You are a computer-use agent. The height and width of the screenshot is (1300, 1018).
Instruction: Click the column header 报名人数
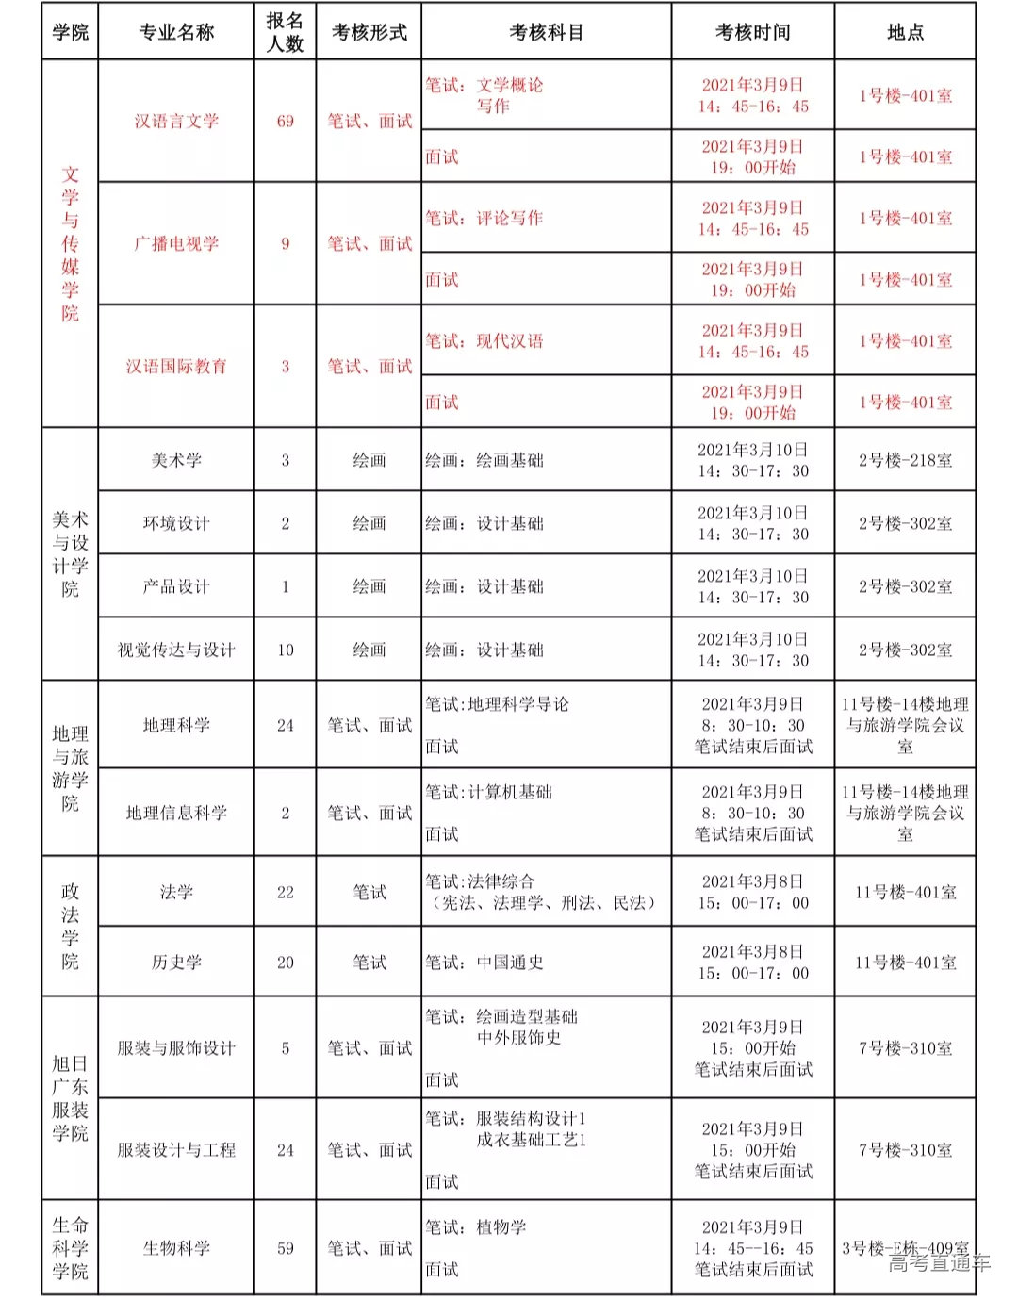[285, 32]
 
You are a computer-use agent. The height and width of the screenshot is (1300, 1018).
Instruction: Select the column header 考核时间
[752, 32]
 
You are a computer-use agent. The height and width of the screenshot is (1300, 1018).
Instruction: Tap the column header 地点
[905, 32]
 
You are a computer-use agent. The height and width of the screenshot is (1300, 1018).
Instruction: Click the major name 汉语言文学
[176, 121]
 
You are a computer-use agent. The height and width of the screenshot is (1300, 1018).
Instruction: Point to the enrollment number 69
[285, 121]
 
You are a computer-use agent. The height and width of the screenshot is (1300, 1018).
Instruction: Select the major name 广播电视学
[176, 243]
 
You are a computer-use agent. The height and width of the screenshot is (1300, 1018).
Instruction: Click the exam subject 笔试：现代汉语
[484, 340]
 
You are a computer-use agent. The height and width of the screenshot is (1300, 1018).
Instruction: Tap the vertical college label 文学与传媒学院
[71, 243]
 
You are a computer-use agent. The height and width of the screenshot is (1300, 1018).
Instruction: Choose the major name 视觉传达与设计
[176, 650]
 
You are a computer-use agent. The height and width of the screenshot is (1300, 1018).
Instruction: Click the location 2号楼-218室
[905, 460]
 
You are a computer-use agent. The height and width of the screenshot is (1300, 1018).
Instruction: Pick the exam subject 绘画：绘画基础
[484, 460]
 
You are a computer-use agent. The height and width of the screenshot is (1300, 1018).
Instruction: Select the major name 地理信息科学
[176, 813]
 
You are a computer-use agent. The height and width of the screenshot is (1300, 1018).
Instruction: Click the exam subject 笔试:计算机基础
[488, 792]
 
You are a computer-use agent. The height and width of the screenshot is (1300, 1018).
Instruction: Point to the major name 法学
[176, 892]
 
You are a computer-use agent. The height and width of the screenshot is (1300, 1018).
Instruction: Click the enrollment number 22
[285, 892]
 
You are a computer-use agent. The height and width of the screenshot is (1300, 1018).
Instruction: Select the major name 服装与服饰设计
[176, 1048]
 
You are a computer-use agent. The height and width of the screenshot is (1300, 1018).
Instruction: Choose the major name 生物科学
[176, 1248]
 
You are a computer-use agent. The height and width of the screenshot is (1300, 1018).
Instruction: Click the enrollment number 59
[285, 1248]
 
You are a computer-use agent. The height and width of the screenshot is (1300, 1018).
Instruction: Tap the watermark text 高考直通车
[939, 1263]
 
